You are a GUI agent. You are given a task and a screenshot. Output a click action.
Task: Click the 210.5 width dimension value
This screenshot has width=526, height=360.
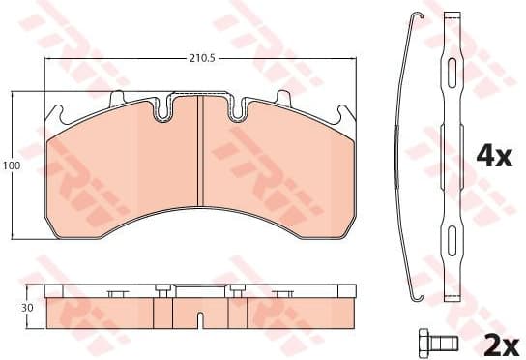(199, 59)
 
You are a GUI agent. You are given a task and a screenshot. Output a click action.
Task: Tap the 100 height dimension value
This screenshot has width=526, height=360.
(11, 166)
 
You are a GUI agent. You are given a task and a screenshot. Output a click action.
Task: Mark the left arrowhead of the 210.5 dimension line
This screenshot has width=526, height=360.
(49, 59)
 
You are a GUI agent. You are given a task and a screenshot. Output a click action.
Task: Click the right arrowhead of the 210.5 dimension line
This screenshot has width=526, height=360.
(350, 59)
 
